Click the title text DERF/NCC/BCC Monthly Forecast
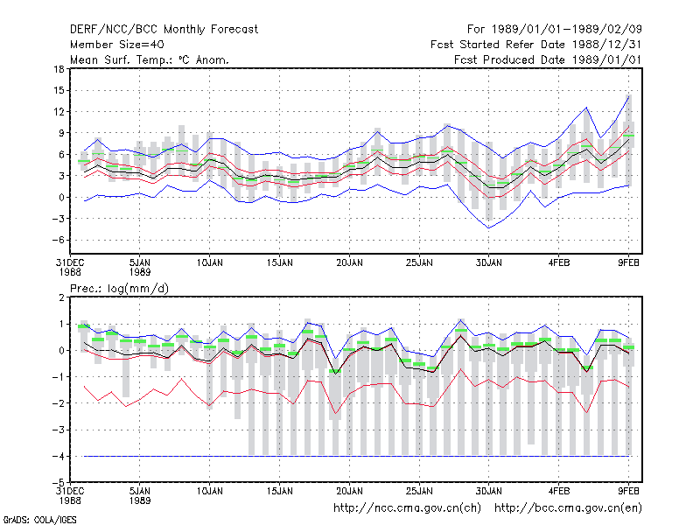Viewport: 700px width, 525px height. pyautogui.click(x=164, y=30)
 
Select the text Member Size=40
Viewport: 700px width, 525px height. pyautogui.click(x=117, y=45)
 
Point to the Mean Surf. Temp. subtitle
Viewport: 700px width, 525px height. pyautogui.click(x=150, y=59)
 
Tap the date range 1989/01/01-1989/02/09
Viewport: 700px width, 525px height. pyautogui.click(x=566, y=30)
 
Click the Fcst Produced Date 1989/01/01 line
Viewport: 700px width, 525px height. pyautogui.click(x=548, y=59)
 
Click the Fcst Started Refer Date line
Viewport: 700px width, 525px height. pyautogui.click(x=536, y=45)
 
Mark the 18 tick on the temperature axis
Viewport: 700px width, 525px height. pyautogui.click(x=59, y=69)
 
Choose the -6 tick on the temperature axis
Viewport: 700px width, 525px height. pyautogui.click(x=58, y=240)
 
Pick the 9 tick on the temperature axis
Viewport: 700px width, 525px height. pyautogui.click(x=61, y=133)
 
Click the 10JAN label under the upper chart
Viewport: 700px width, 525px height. pyautogui.click(x=210, y=263)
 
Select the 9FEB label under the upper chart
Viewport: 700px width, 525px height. pyautogui.click(x=628, y=263)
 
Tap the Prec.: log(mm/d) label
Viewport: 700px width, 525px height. pyautogui.click(x=119, y=289)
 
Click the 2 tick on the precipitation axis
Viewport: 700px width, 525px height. pyautogui.click(x=61, y=297)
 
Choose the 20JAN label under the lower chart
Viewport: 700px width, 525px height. pyautogui.click(x=349, y=492)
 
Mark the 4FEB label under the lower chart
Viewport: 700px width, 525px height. pyautogui.click(x=559, y=492)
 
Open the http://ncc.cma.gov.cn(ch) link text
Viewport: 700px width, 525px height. pyautogui.click(x=407, y=508)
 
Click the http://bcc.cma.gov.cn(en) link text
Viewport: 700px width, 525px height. pyautogui.click(x=568, y=508)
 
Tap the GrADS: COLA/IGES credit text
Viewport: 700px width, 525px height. pyautogui.click(x=39, y=520)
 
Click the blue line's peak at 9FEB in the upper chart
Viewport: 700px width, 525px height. pyautogui.click(x=628, y=96)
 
